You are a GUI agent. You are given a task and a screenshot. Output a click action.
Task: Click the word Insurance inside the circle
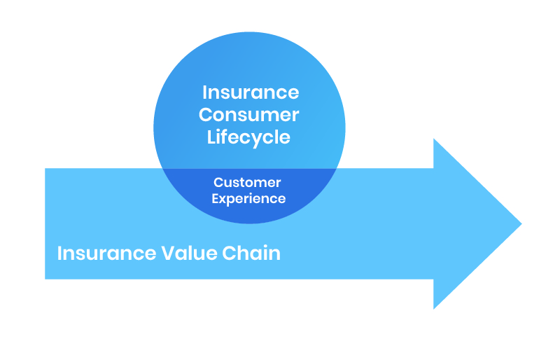click(x=251, y=92)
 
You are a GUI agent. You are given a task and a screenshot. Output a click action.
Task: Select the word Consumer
click(x=249, y=115)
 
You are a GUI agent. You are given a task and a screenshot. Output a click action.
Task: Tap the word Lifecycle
click(x=248, y=137)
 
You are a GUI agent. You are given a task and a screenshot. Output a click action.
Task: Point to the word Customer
click(x=247, y=182)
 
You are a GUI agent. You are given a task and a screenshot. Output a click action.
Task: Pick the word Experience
click(x=248, y=199)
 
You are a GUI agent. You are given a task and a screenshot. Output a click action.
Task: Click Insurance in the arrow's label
click(x=106, y=253)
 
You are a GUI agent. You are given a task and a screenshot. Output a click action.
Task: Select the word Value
click(x=190, y=253)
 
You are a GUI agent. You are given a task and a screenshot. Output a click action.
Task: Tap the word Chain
click(x=251, y=253)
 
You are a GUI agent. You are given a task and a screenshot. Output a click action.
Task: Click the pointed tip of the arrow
click(x=521, y=223)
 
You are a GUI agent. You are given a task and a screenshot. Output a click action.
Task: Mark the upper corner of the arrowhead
click(x=433, y=139)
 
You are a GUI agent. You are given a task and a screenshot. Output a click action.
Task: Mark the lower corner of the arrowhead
click(x=433, y=309)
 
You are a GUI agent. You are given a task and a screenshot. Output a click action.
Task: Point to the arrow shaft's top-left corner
click(x=45, y=169)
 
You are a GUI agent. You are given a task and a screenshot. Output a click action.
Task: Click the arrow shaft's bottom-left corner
click(x=45, y=279)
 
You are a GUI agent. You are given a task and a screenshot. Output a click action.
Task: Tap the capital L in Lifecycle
click(x=212, y=137)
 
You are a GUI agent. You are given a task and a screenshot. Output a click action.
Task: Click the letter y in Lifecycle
click(x=256, y=140)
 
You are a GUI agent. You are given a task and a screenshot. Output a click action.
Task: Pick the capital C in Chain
click(x=229, y=254)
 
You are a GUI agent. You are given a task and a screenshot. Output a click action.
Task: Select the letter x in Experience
click(x=225, y=200)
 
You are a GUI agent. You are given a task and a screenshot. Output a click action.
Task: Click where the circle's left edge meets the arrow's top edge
click(x=162, y=169)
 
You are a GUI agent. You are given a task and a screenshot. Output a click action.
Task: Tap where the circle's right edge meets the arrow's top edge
click(x=337, y=169)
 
